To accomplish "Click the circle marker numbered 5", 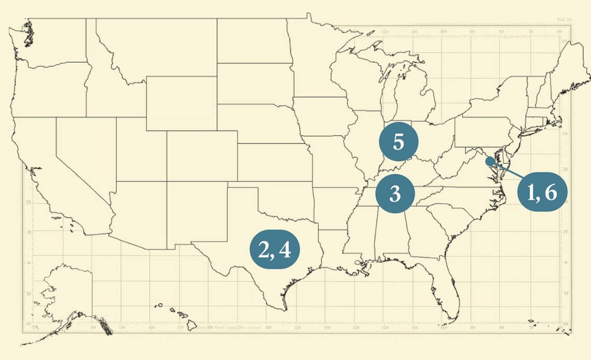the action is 398,142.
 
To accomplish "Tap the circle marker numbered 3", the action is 395,194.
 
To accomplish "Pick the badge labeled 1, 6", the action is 542,192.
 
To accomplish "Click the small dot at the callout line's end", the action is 489,161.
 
